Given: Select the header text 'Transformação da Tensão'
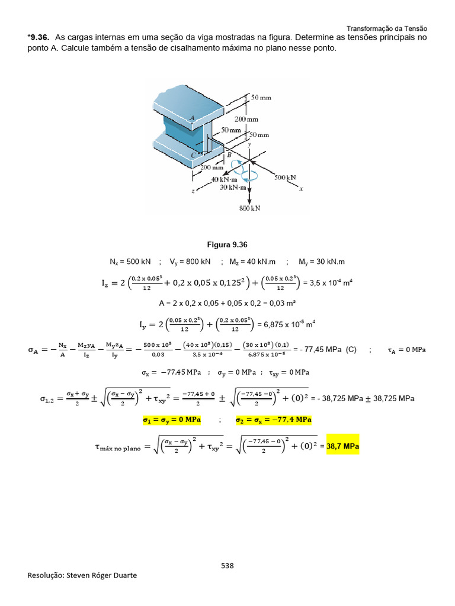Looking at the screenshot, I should (386, 28).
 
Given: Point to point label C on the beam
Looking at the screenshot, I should (193, 155).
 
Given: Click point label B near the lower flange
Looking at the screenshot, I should (229, 155).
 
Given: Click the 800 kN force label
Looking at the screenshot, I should (250, 208).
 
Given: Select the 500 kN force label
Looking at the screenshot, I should (285, 177).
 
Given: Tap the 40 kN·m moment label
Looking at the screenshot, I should (224, 179).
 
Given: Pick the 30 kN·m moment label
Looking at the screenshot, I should (233, 187).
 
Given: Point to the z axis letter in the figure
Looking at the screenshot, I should (193, 191).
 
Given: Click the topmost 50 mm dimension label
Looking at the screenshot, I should (261, 96).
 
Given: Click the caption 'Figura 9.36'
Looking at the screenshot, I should (227, 244).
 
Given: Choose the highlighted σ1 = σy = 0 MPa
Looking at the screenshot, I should (172, 420).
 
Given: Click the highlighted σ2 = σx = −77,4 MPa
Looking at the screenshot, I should (274, 420).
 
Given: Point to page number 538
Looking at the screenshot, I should (227, 565).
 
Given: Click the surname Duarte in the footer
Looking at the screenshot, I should (123, 575).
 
